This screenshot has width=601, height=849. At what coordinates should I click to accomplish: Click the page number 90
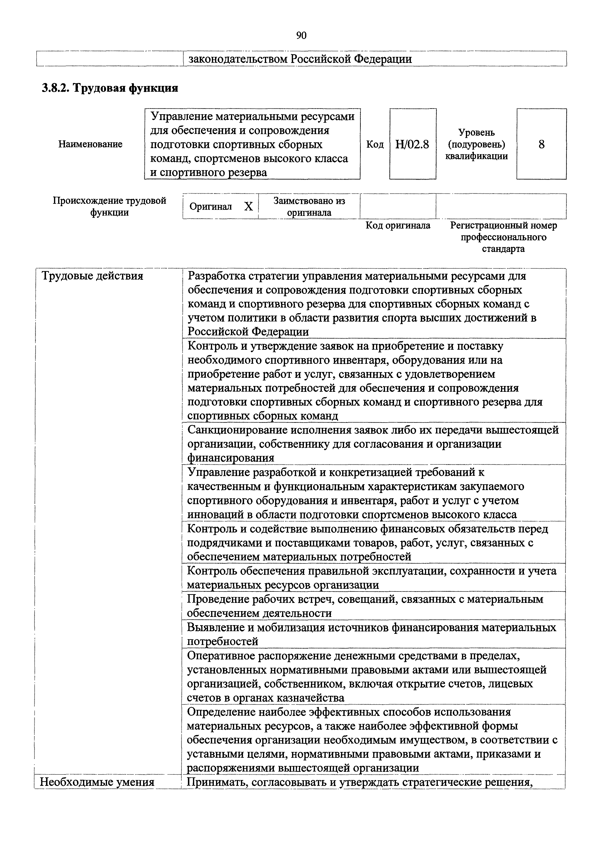301,36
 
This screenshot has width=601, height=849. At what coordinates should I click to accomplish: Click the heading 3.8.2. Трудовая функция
110,88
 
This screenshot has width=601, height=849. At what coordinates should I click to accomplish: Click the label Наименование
90,144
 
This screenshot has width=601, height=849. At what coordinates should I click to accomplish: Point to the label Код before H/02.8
375,144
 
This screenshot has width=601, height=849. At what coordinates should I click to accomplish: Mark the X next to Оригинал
248,207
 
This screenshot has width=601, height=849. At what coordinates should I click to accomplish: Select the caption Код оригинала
398,226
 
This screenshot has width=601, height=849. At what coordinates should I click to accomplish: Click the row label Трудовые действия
92,276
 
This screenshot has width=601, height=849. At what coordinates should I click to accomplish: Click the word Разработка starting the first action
216,276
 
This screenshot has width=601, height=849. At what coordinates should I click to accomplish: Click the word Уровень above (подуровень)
476,132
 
